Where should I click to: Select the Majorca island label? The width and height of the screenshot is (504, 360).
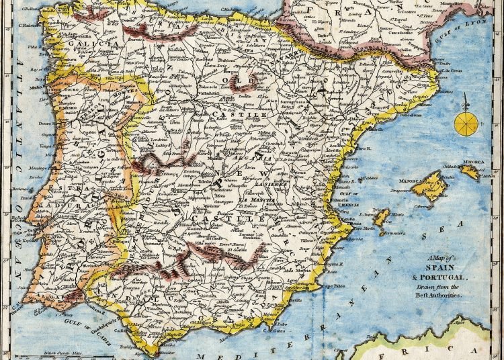(413, 180)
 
